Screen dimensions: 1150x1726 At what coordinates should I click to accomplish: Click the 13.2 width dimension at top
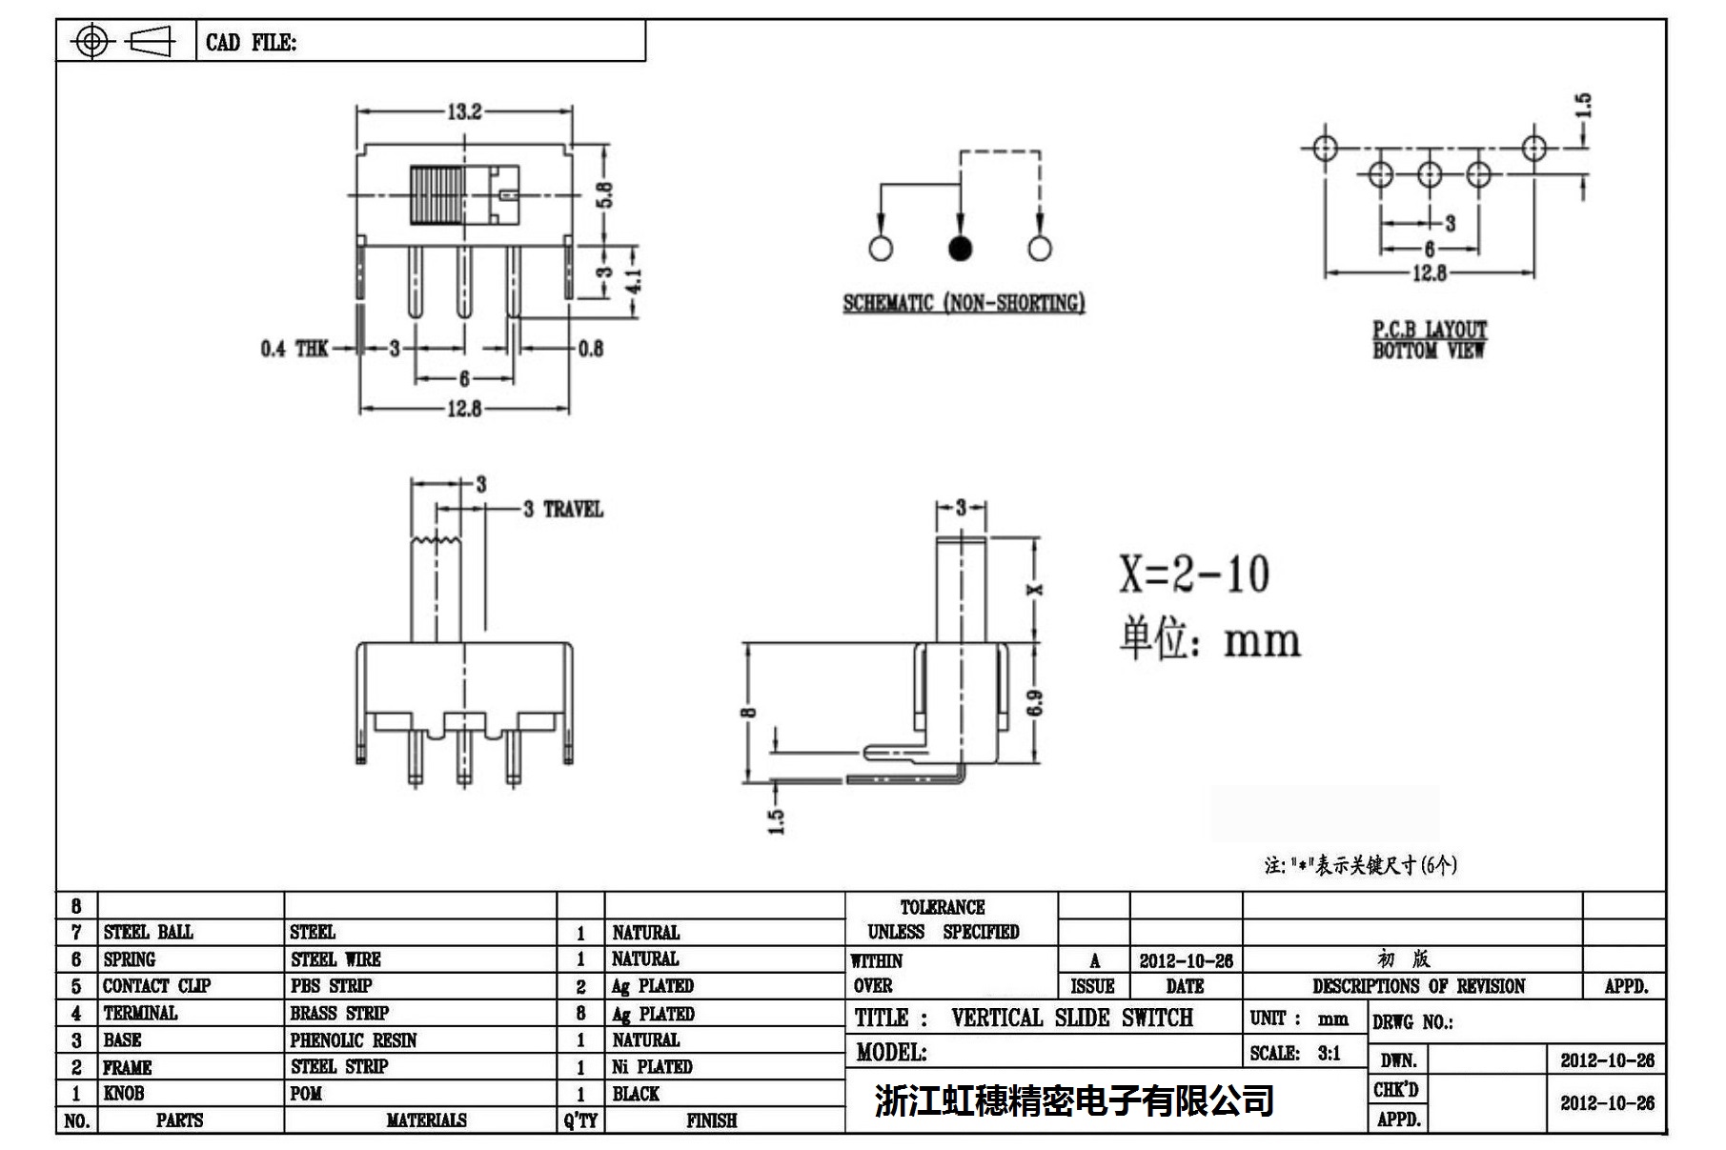click(x=464, y=112)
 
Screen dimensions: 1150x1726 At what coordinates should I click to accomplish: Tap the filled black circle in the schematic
click(x=960, y=249)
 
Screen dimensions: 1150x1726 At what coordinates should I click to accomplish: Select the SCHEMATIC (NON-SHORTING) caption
click(x=964, y=303)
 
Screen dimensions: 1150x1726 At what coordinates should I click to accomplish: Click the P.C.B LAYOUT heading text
click(x=1429, y=330)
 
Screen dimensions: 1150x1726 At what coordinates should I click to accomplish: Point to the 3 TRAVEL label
click(x=563, y=510)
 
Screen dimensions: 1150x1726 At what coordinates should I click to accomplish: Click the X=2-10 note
click(x=1194, y=575)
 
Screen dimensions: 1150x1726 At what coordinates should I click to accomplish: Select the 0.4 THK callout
click(x=294, y=349)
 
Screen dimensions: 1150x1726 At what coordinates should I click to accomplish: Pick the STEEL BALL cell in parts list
click(x=148, y=932)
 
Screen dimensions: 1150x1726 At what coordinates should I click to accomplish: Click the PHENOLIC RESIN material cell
click(x=354, y=1040)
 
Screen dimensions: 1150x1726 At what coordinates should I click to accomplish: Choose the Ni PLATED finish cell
click(x=652, y=1067)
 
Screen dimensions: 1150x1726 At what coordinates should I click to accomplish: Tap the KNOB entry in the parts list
click(x=124, y=1094)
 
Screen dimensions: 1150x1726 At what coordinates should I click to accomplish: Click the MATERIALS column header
click(x=426, y=1120)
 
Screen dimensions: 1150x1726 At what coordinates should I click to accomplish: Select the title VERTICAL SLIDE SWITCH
click(x=1071, y=1018)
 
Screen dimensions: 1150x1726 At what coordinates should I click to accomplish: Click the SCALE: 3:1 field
click(x=1295, y=1053)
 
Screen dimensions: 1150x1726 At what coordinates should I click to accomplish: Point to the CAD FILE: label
click(x=251, y=43)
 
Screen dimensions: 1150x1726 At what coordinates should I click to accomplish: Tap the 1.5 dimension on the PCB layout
click(x=1583, y=106)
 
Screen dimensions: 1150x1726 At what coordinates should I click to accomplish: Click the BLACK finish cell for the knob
click(x=636, y=1094)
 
